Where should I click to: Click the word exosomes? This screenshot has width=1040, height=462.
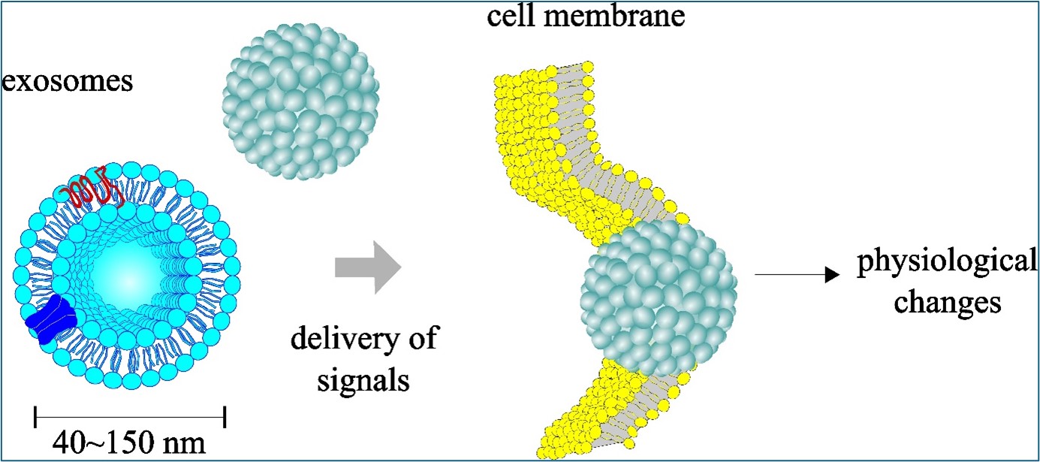[68, 80]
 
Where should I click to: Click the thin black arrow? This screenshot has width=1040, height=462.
[795, 276]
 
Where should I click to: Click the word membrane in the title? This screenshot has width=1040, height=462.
[630, 15]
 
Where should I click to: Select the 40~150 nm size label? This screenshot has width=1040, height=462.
[130, 442]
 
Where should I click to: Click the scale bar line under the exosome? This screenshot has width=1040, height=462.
[130, 412]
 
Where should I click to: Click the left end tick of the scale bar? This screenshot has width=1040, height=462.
[35, 412]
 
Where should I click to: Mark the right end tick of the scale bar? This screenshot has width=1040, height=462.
[225, 412]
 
